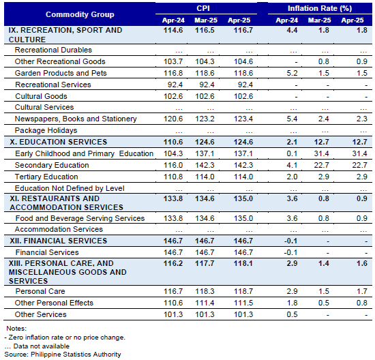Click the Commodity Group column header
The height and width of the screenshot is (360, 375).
[x=80, y=14]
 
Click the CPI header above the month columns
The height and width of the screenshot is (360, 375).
[x=203, y=8]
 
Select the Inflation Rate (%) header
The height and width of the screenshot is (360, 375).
[x=320, y=8]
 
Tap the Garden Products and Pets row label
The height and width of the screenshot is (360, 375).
[x=61, y=73]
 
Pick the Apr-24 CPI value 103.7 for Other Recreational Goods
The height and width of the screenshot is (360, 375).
[x=173, y=61]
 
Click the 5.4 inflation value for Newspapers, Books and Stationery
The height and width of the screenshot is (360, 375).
[x=292, y=119]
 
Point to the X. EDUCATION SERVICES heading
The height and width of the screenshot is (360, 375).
[x=59, y=142]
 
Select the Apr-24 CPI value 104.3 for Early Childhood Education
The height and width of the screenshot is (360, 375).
[x=173, y=153]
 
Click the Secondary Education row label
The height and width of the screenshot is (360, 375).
[x=52, y=165]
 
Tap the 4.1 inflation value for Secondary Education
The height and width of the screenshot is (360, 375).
[x=292, y=165]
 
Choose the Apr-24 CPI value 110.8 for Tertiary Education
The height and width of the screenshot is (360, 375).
[x=173, y=177]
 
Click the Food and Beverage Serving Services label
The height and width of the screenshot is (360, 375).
[x=80, y=218]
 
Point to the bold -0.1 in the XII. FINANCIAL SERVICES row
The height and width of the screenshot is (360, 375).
[x=291, y=241]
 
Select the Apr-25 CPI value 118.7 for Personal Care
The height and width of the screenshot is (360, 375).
[x=243, y=291]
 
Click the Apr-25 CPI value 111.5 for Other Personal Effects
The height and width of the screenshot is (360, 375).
[x=243, y=303]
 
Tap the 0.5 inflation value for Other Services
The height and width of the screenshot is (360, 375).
[x=292, y=314]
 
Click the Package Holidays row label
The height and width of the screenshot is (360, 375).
[x=46, y=130]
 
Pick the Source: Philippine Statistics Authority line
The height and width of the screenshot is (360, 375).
[x=63, y=355]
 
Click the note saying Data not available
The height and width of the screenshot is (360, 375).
[x=37, y=346]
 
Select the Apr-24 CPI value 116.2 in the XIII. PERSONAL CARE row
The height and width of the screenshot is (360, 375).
[x=173, y=263]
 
